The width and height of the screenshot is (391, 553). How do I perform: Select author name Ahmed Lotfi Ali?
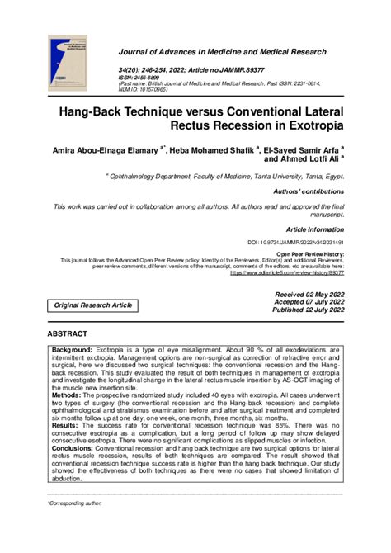pos(309,162)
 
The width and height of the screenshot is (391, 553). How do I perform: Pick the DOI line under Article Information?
pos(295,243)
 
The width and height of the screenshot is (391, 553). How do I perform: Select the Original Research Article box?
pos(93,305)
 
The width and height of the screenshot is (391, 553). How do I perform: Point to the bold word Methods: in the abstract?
pos(68,395)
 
